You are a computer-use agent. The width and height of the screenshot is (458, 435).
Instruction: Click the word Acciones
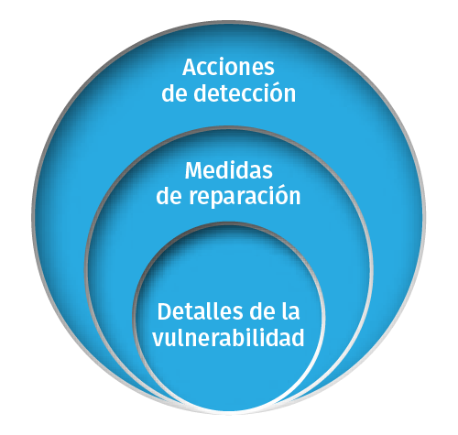point(228,67)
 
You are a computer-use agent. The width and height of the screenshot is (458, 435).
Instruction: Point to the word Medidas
point(229,170)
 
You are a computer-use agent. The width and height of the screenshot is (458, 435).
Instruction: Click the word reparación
point(245,196)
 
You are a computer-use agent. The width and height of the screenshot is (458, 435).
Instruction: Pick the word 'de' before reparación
point(169,196)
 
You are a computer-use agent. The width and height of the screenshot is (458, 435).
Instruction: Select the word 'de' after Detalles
point(262,311)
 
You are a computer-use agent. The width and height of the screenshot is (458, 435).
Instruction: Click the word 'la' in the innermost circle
point(290,311)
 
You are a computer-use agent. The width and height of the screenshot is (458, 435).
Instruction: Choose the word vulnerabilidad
point(228,337)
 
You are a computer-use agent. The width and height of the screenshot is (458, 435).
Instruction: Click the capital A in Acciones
point(191,67)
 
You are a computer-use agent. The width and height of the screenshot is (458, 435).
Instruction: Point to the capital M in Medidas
point(195,170)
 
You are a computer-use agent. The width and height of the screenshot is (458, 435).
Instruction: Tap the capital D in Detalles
point(166,311)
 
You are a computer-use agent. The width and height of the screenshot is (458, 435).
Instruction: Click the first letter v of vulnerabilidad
point(159,340)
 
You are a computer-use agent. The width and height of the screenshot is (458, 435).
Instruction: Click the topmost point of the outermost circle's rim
point(229,22)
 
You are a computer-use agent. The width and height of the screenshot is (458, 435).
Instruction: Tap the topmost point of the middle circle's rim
point(229,127)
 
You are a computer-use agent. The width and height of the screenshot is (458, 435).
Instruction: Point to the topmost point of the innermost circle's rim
point(229,223)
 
